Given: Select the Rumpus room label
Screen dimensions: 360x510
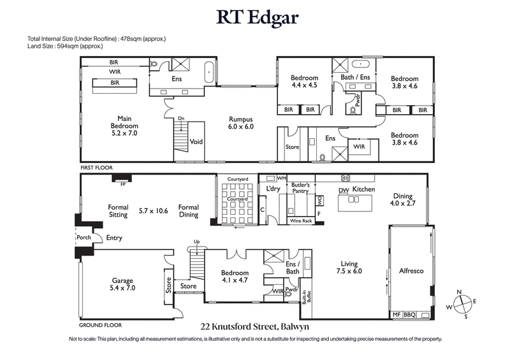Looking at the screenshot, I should point(242,122).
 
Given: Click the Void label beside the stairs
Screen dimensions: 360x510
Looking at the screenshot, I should point(196,141).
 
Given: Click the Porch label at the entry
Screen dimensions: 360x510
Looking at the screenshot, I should point(84,238).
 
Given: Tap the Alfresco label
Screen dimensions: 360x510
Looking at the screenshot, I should point(411,271).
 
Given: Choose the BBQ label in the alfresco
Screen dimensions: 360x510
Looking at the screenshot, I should point(409,314).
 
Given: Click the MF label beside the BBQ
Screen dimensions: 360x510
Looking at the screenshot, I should point(395,314).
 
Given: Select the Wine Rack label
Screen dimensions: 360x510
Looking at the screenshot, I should point(302,220).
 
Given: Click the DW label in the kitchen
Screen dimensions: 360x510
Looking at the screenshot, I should point(343,190).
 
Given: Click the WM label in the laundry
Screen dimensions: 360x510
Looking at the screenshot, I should point(281,179).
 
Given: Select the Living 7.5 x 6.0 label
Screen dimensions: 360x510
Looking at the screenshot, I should point(349,267).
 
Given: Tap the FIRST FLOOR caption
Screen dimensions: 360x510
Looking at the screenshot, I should point(96,168).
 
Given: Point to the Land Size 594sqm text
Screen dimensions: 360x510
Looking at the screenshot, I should point(66,47).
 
